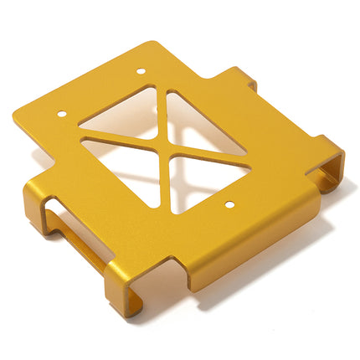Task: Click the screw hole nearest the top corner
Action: tap(140, 70)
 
